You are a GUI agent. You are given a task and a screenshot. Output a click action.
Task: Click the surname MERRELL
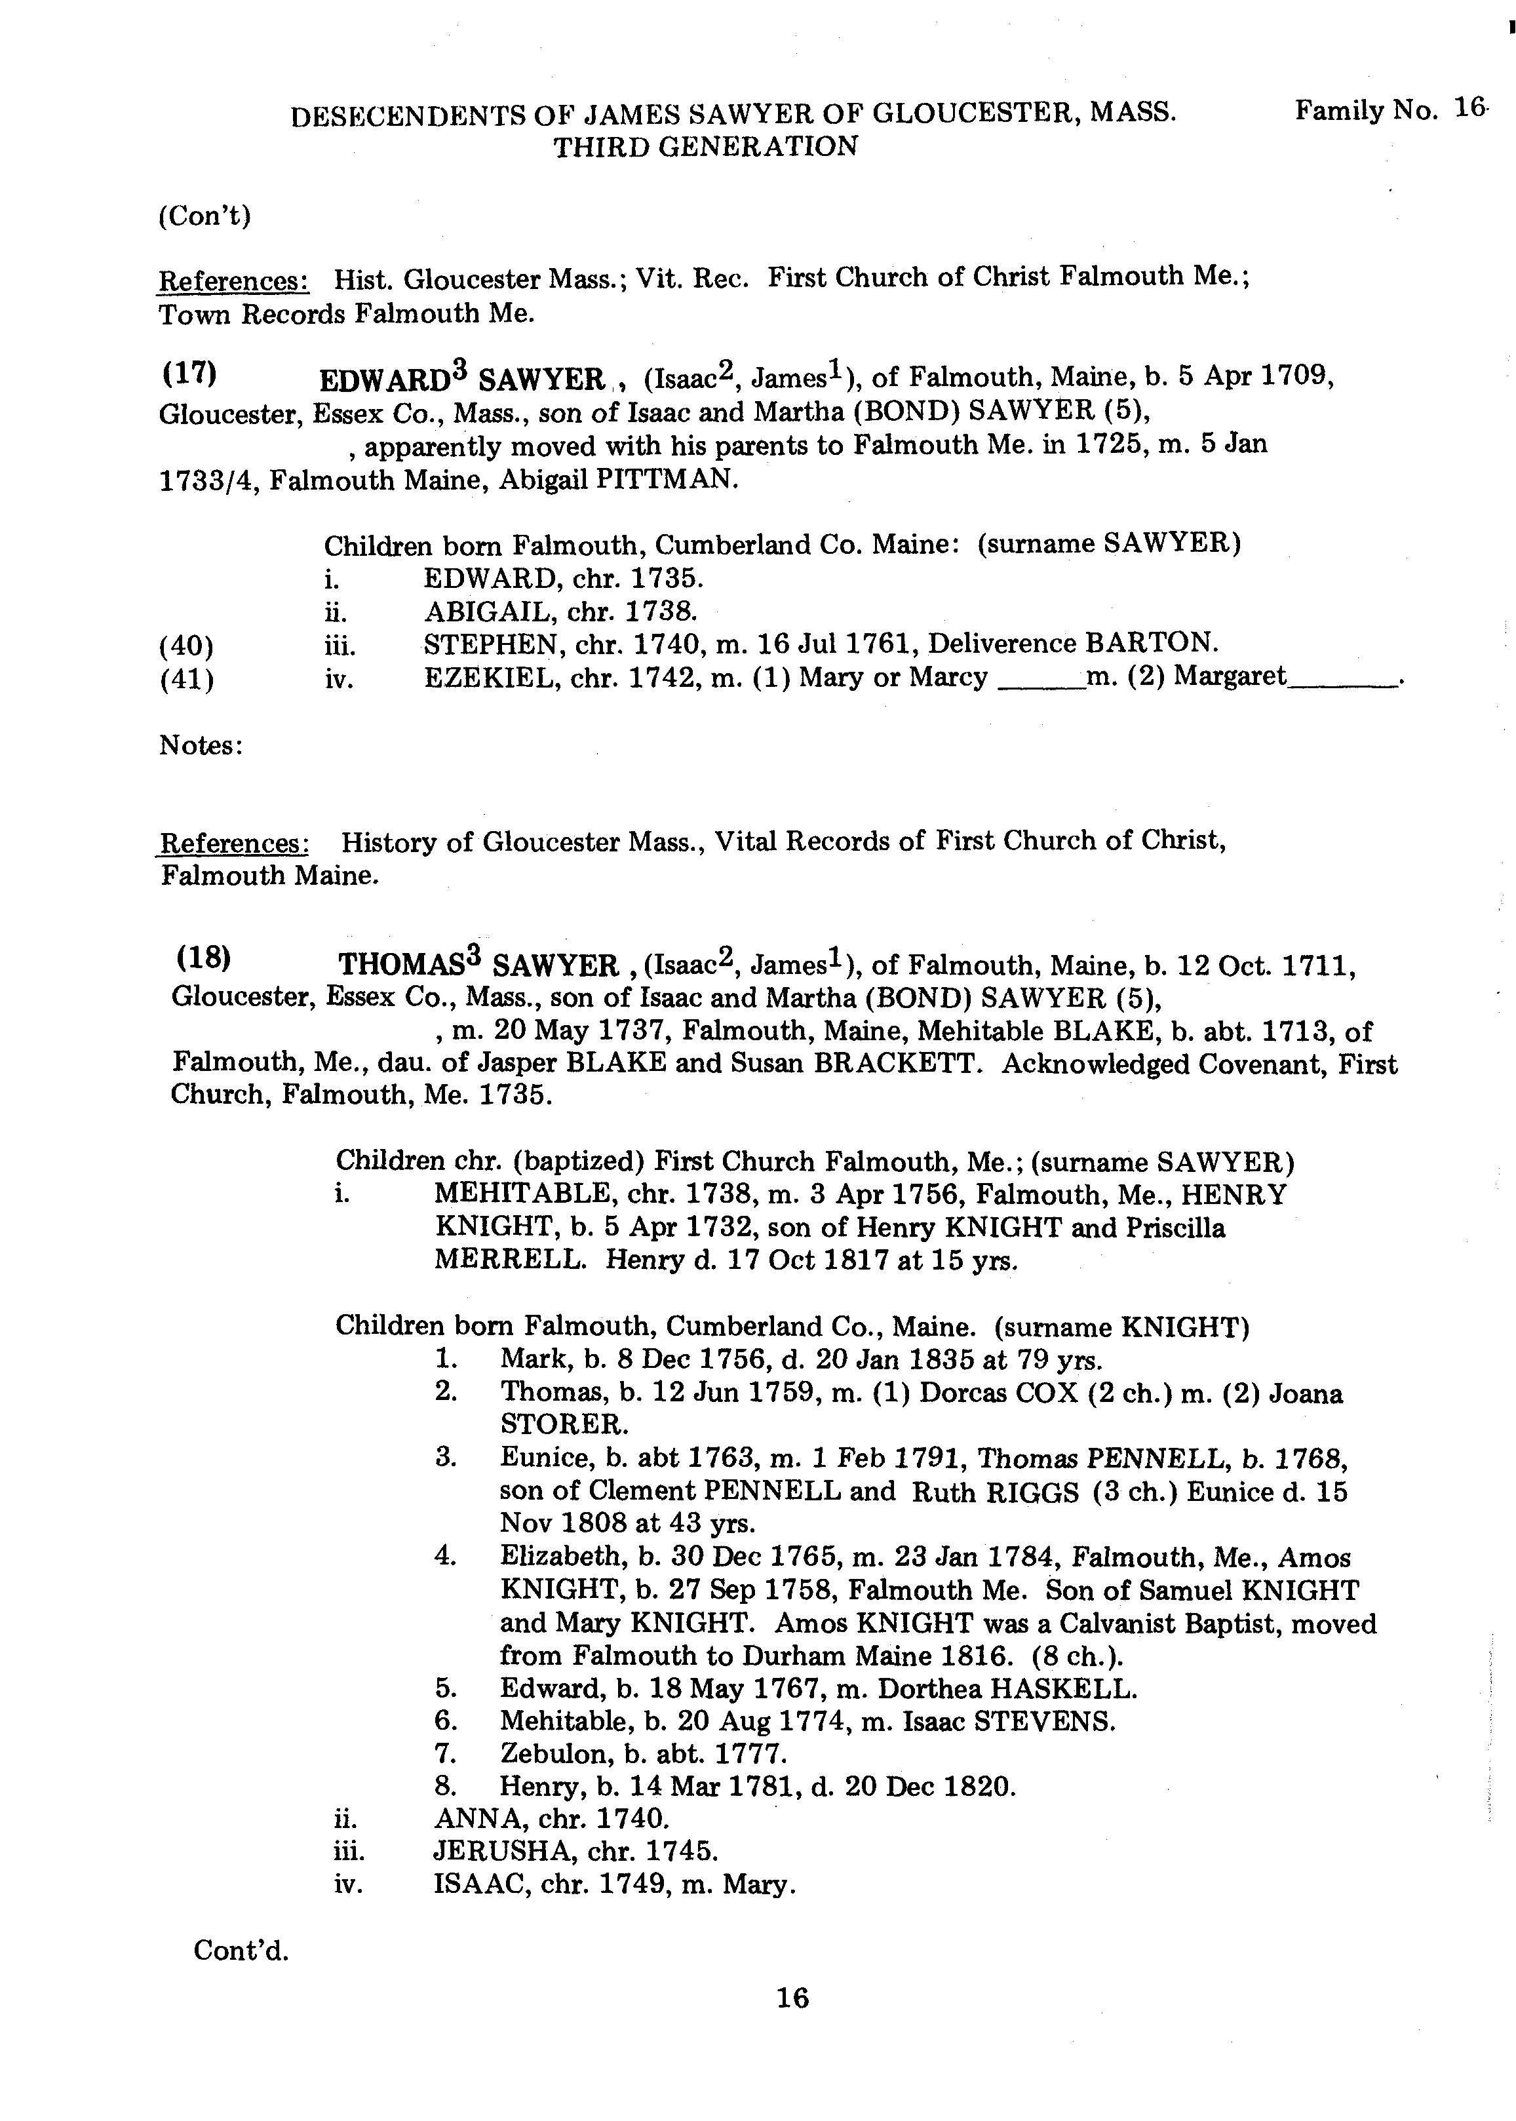click(510, 1260)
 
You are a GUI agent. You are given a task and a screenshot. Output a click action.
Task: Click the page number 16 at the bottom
click(792, 1998)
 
